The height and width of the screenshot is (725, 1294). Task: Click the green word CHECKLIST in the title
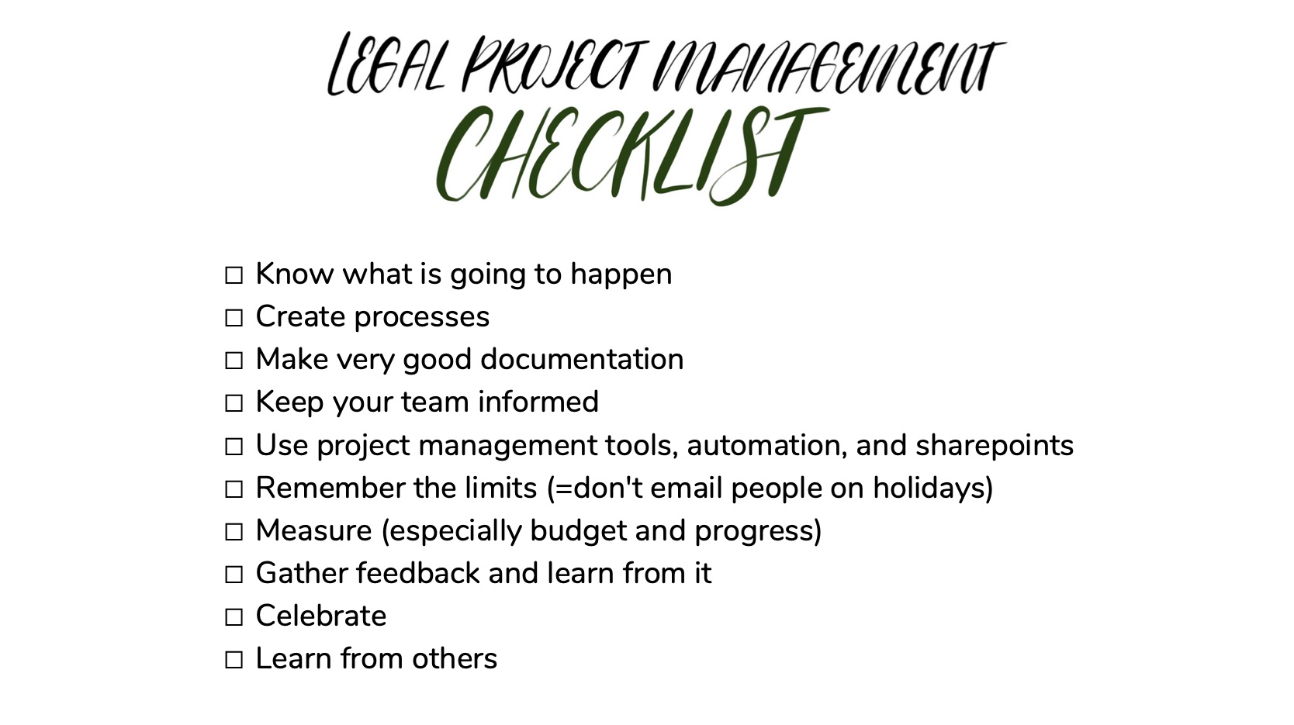[631, 155]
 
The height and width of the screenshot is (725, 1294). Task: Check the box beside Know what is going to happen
[234, 275]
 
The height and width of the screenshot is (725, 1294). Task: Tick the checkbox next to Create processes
[234, 318]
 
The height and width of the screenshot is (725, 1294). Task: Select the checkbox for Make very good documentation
[234, 361]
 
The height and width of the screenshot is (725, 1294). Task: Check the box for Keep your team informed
[234, 403]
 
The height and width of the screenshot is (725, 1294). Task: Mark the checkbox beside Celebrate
[234, 617]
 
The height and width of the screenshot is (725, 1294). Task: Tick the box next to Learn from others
[234, 660]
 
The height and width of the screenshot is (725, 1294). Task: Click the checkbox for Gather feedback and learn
[234, 575]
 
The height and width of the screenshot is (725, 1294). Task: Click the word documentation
[582, 359]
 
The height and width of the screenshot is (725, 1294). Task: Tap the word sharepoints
[995, 445]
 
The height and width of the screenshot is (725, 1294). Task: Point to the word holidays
[932, 488]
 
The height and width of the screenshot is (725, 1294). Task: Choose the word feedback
[418, 573]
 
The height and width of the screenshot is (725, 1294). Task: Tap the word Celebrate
[320, 616]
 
